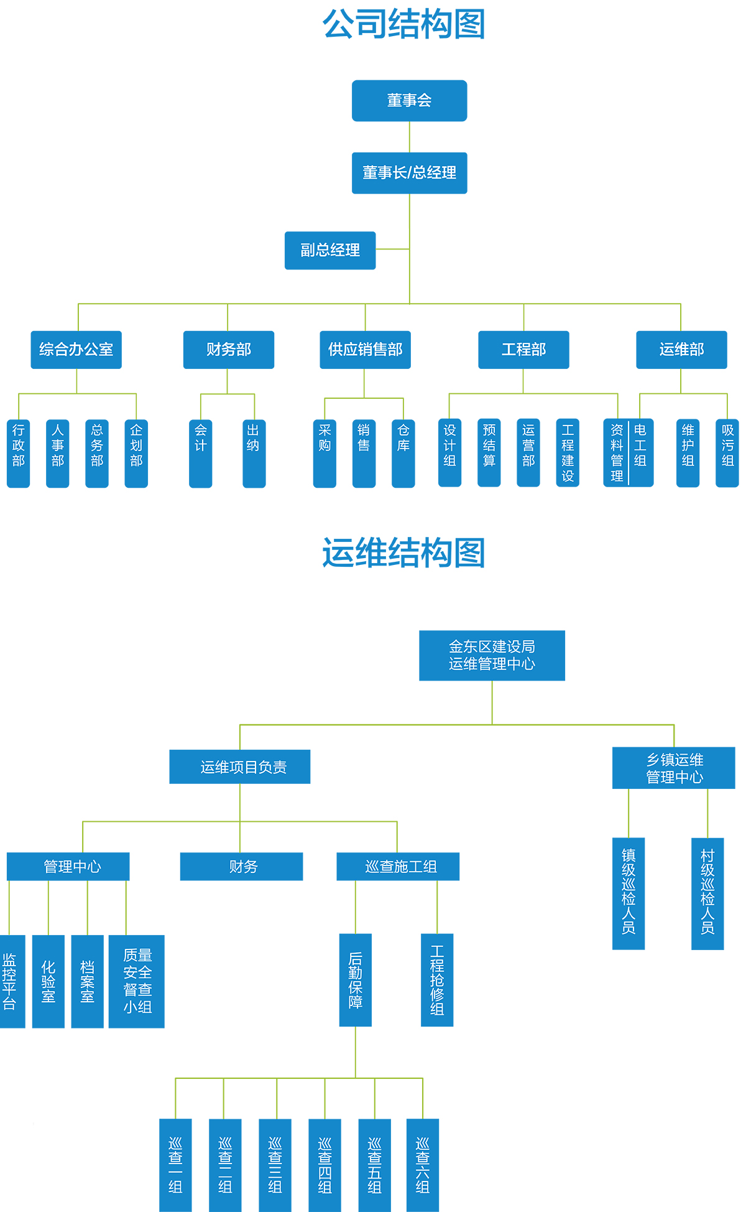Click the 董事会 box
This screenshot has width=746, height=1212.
tap(409, 101)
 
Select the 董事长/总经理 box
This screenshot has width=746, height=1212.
tap(409, 173)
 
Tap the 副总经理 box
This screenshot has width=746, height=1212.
tap(330, 250)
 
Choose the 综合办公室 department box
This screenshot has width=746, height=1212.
tap(76, 350)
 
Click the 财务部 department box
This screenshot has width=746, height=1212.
tap(228, 350)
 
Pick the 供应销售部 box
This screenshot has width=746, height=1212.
tap(365, 350)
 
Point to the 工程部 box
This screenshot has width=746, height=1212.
tap(523, 350)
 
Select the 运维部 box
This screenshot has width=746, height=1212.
tap(681, 350)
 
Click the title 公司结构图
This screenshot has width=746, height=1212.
tap(404, 25)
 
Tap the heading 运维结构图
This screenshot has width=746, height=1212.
tap(404, 553)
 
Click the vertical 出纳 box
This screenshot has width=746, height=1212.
tap(254, 453)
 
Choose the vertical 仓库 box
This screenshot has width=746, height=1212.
tap(403, 453)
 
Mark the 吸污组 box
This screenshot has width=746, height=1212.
tap(727, 453)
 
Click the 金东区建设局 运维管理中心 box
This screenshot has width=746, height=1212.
tap(492, 655)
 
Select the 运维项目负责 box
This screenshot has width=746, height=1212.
tap(240, 767)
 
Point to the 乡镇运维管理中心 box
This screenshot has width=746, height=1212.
tap(674, 768)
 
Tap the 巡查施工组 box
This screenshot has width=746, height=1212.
tap(398, 867)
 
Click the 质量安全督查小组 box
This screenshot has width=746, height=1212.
tap(137, 981)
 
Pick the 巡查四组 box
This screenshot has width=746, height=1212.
tap(325, 1165)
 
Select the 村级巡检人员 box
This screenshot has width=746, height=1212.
tap(707, 893)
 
